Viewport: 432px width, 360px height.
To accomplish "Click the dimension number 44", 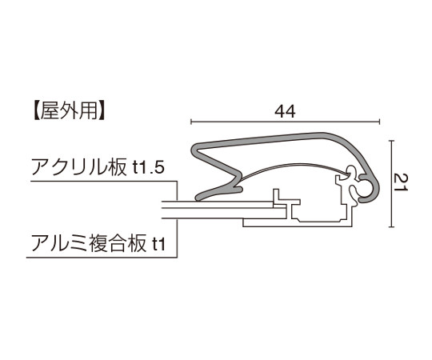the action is [285, 111].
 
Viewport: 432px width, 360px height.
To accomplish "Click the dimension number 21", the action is [401, 182].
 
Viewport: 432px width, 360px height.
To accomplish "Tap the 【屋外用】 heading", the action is [69, 111].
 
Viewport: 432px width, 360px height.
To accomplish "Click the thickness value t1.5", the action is [148, 168].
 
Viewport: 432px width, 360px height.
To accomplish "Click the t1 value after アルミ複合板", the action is [158, 244].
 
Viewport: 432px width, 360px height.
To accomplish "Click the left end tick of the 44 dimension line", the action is [191, 121].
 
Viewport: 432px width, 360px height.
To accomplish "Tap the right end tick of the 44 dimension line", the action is [380, 121].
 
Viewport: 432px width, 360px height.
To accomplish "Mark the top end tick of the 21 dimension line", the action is [391, 141].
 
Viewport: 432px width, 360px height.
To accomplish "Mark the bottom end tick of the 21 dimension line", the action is [391, 227].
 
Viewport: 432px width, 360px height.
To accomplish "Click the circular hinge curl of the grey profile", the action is [370, 190].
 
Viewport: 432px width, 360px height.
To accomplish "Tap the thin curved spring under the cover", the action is [292, 166].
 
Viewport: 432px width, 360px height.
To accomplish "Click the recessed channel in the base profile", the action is [319, 218].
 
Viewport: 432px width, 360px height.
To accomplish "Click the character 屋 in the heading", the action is [50, 111].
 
